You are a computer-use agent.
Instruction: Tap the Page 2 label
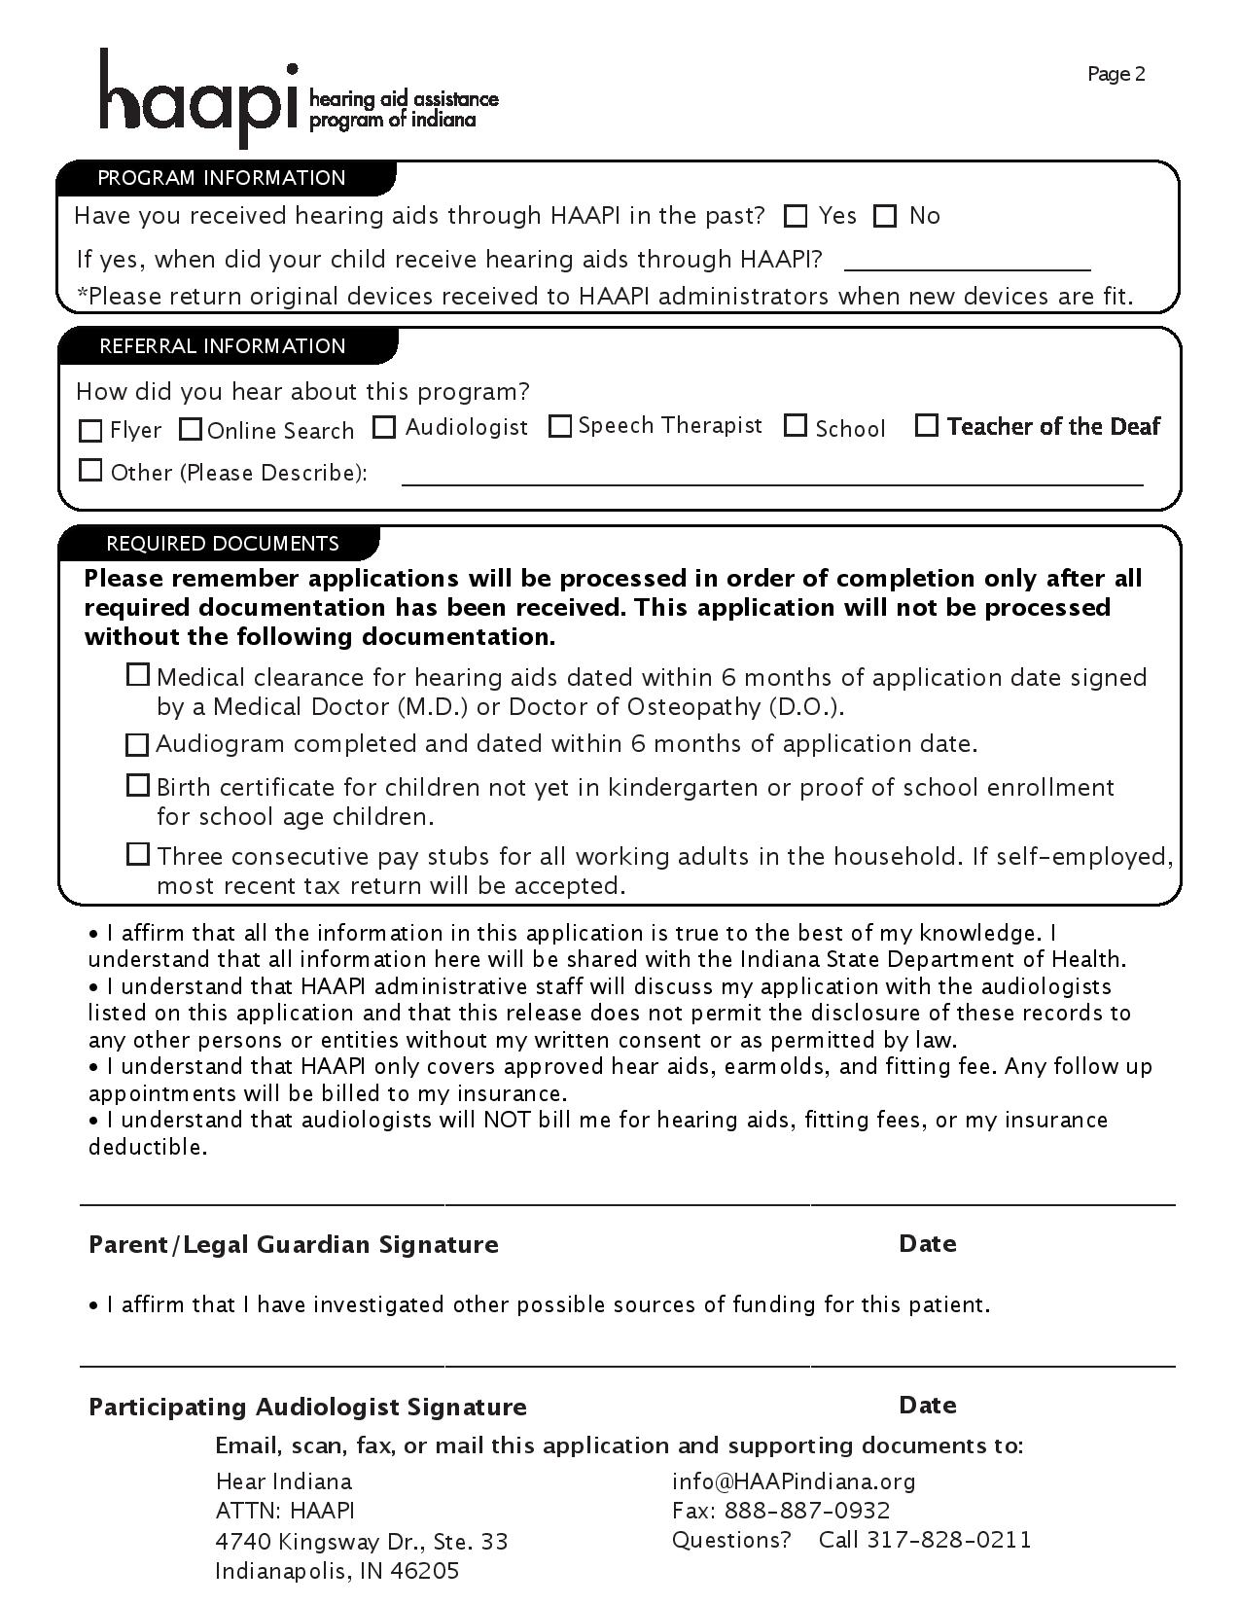tap(1116, 75)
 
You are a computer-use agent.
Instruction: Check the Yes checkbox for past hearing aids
tap(797, 216)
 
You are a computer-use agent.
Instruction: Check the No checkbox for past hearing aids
tap(885, 216)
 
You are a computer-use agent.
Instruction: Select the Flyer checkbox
tap(90, 430)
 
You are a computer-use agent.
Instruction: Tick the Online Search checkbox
tap(191, 429)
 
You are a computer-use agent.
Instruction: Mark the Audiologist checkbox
tap(385, 427)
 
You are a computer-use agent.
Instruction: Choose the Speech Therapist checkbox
tap(559, 426)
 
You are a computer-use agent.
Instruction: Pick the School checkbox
tap(796, 426)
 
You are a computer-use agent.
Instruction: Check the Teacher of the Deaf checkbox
tap(927, 425)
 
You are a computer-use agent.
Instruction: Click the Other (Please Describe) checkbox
tap(90, 471)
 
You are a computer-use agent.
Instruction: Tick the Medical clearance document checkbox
tap(138, 675)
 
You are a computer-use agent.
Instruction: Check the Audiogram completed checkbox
tap(138, 745)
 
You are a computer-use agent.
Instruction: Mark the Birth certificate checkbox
tap(138, 785)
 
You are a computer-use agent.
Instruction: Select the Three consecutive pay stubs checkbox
tap(138, 855)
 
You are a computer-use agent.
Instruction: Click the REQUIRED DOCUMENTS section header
tap(222, 544)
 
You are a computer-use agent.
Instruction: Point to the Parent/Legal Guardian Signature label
tap(293, 1245)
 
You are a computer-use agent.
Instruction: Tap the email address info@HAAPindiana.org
tap(794, 1481)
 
